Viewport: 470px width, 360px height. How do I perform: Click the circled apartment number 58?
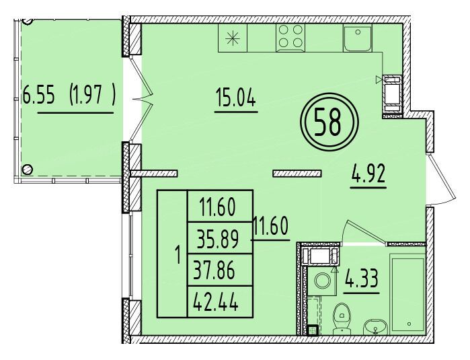(329, 122)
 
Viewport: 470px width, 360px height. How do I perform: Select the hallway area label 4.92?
(368, 174)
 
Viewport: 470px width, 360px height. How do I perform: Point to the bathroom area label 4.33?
(362, 279)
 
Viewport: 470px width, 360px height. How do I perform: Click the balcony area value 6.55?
(39, 94)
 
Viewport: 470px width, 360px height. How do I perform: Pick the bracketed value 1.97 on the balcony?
(92, 94)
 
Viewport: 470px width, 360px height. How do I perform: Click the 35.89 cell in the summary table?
(218, 239)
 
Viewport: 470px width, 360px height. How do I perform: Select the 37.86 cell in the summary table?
(214, 271)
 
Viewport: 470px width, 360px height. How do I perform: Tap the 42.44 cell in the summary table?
(216, 302)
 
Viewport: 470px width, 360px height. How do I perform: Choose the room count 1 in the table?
(178, 255)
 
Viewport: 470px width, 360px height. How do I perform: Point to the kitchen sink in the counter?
(358, 38)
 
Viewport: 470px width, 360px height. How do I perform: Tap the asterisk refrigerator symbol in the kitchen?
(233, 39)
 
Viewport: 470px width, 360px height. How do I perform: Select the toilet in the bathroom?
(342, 318)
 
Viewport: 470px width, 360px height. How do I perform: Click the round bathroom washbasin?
(375, 328)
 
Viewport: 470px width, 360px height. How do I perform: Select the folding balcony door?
(141, 98)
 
